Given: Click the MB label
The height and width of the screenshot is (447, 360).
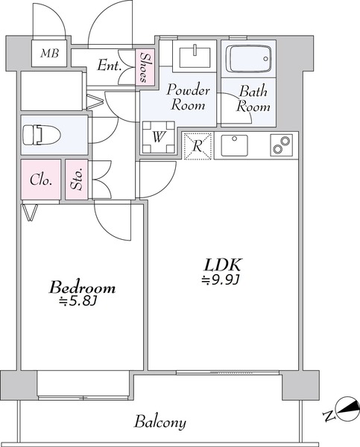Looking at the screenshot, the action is pyautogui.click(x=49, y=54).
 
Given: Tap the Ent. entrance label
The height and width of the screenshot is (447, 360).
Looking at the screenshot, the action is pyautogui.click(x=109, y=66).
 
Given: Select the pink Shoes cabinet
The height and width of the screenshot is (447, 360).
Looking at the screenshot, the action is pyautogui.click(x=145, y=67).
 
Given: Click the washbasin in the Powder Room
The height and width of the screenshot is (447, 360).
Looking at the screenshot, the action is pyautogui.click(x=195, y=57).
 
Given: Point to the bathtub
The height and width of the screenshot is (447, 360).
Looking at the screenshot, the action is pyautogui.click(x=248, y=59).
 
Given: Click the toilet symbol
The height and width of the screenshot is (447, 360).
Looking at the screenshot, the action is pyautogui.click(x=42, y=135).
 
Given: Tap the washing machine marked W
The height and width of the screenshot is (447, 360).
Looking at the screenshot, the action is pyautogui.click(x=158, y=138).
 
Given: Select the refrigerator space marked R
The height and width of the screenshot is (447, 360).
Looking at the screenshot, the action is pyautogui.click(x=198, y=146).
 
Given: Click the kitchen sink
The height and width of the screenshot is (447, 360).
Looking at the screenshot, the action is pyautogui.click(x=234, y=145).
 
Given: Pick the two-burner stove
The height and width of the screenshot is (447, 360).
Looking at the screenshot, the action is pyautogui.click(x=281, y=145).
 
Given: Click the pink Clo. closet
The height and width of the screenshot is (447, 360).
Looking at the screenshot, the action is pyautogui.click(x=40, y=180).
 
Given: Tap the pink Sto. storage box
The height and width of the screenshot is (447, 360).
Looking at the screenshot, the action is pyautogui.click(x=77, y=180).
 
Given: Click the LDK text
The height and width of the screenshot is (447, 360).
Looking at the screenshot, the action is pyautogui.click(x=223, y=264).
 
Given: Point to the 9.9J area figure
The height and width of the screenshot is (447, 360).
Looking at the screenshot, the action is pyautogui.click(x=220, y=281).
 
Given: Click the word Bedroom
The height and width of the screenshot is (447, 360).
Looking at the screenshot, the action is pyautogui.click(x=83, y=288).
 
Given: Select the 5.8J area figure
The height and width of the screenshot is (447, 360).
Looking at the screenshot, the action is pyautogui.click(x=79, y=302).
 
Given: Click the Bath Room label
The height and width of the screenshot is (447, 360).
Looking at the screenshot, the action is pyautogui.click(x=253, y=98).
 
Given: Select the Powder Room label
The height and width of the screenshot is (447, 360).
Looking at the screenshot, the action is pyautogui.click(x=188, y=97).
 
